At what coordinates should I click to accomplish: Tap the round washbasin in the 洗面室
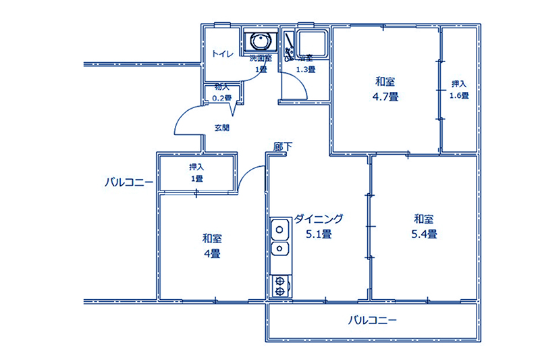coord(260,42)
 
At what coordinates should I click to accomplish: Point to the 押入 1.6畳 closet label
coord(460,90)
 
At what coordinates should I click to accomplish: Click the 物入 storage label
coord(222,87)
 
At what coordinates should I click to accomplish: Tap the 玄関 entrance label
coord(221,127)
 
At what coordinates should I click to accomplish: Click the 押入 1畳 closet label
coord(196,172)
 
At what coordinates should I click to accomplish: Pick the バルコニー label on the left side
coord(128,182)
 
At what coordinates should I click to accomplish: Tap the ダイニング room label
coord(319,219)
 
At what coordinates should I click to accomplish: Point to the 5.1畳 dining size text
coord(318,234)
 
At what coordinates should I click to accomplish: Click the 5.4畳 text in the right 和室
coord(424,234)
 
